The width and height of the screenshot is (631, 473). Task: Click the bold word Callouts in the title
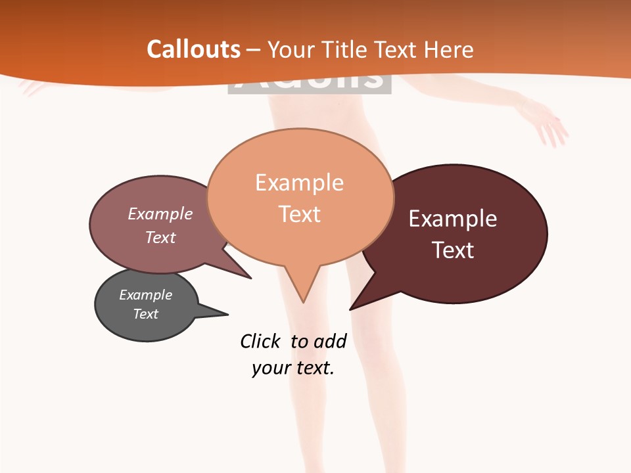click(193, 49)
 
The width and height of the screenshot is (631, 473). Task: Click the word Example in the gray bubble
click(145, 295)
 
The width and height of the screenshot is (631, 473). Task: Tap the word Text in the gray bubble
click(145, 314)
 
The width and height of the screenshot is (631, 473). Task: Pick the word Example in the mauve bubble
click(160, 214)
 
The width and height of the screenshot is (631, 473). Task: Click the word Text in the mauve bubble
click(160, 237)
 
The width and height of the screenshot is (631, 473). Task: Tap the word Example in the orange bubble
click(299, 183)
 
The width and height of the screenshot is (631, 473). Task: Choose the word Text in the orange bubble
click(299, 214)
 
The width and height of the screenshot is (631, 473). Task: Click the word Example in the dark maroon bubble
click(452, 219)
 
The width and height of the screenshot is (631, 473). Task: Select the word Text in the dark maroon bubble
click(453, 250)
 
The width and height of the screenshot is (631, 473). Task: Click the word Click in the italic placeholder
click(260, 342)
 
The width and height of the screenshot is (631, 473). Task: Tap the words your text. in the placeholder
click(292, 368)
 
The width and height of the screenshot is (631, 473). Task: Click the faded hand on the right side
click(551, 128)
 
